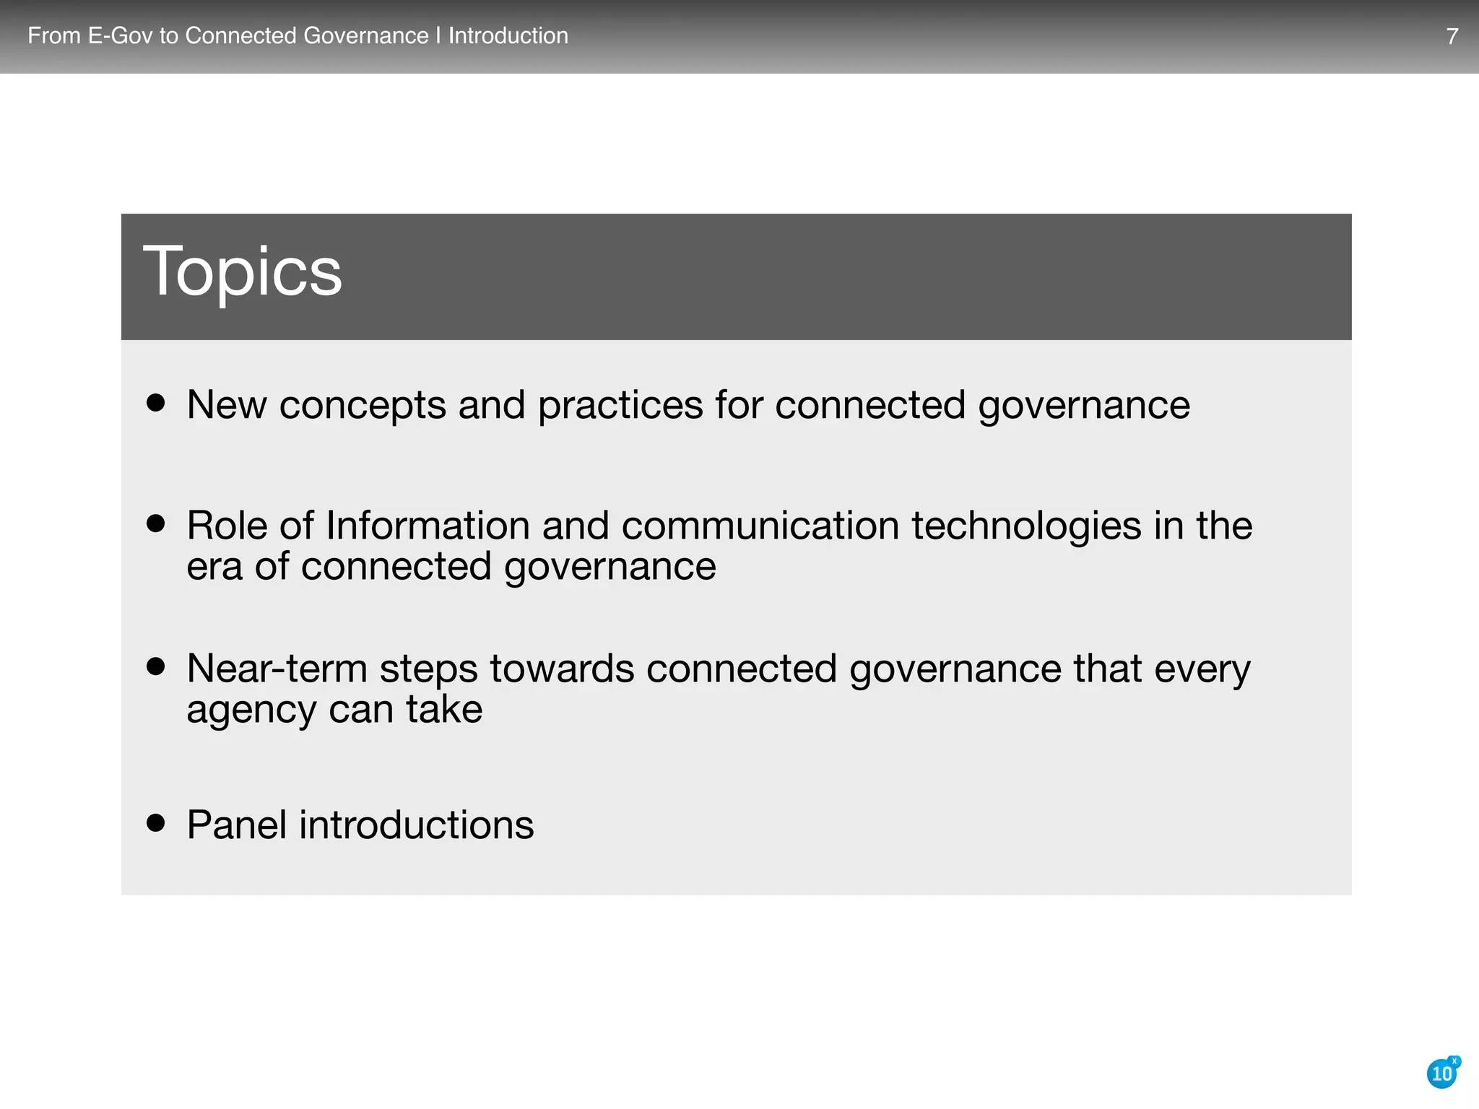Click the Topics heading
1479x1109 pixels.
tap(243, 271)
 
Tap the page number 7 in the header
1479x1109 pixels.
tap(1452, 36)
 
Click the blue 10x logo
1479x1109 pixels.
tap(1442, 1074)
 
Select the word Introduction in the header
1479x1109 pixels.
tap(508, 35)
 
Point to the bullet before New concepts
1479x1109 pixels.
tap(155, 402)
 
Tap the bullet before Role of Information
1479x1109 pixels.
tap(155, 523)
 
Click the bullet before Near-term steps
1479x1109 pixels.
tap(155, 666)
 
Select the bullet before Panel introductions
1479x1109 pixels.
tap(155, 822)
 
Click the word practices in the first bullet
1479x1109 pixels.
tap(620, 406)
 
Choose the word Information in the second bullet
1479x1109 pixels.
tap(428, 525)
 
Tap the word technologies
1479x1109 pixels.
tap(1026, 526)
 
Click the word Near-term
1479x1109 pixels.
tap(277, 669)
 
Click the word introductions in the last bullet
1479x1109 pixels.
tap(417, 825)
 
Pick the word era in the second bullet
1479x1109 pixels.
tap(214, 567)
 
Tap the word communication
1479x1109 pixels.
tap(760, 525)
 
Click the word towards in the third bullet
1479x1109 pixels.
tap(562, 669)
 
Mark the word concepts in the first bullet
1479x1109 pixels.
tap(363, 406)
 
